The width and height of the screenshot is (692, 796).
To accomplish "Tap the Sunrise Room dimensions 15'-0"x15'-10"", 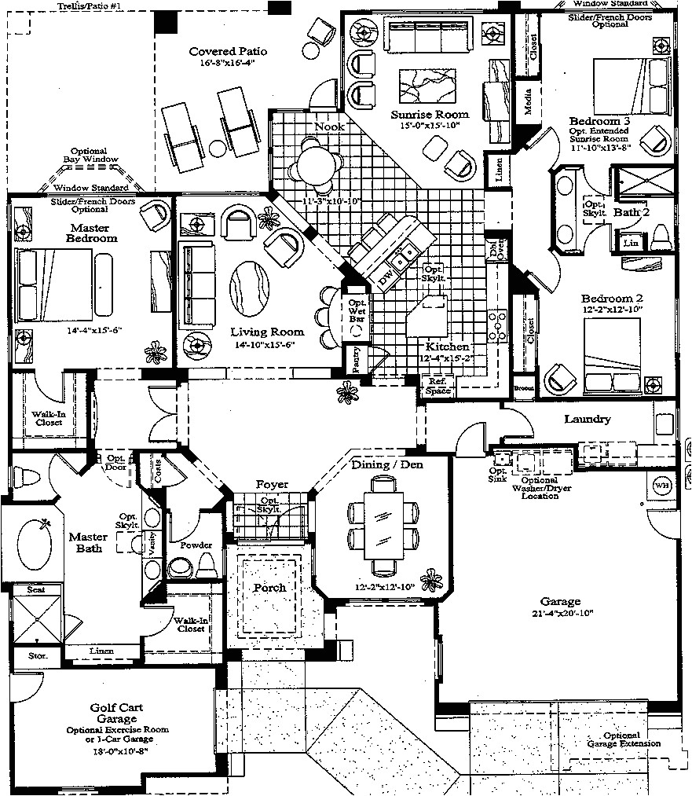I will pyautogui.click(x=430, y=125).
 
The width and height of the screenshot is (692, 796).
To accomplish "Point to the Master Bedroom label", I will pyautogui.click(x=91, y=233).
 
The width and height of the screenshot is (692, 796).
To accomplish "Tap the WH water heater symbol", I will pyautogui.click(x=662, y=486).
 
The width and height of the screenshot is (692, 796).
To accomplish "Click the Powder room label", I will pyautogui.click(x=195, y=545).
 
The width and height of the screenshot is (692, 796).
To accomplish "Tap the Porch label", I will pyautogui.click(x=269, y=588).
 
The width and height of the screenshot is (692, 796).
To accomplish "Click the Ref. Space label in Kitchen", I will pyautogui.click(x=438, y=385).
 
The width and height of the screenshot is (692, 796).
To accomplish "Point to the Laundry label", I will pyautogui.click(x=587, y=419).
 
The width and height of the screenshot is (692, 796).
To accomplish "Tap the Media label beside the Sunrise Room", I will pyautogui.click(x=531, y=107).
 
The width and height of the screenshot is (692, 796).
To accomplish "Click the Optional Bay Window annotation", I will pyautogui.click(x=94, y=156).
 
